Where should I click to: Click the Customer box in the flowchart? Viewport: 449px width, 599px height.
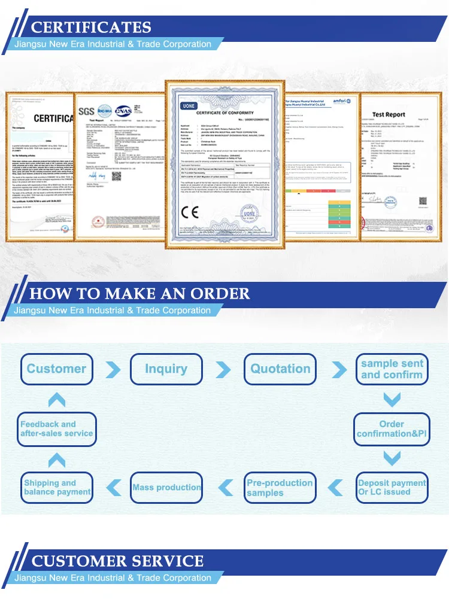tap(57, 369)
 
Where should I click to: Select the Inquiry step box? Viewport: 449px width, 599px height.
tap(166, 369)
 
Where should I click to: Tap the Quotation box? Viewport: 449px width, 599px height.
tap(280, 369)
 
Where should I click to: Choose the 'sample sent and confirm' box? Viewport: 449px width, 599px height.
tap(392, 369)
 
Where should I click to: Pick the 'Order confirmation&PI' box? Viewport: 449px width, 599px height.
tap(392, 428)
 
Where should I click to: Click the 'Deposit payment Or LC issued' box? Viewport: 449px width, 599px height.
tap(392, 487)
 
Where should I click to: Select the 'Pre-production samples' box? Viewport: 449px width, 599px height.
tap(280, 487)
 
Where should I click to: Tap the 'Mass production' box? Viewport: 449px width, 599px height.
tap(166, 487)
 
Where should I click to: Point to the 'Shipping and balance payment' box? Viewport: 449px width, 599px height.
tap(57, 487)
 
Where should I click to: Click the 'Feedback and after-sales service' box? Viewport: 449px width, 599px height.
tap(57, 428)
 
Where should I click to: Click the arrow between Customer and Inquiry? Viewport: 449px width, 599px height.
tap(112, 369)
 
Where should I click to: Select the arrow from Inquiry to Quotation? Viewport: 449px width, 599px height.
tap(223, 369)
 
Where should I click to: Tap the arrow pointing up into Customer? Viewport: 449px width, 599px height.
tap(56, 400)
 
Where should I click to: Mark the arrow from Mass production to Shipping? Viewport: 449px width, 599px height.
tap(112, 488)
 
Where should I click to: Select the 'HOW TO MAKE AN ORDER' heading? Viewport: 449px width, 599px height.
tap(139, 294)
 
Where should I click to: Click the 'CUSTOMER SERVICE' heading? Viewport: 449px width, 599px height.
tap(117, 561)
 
